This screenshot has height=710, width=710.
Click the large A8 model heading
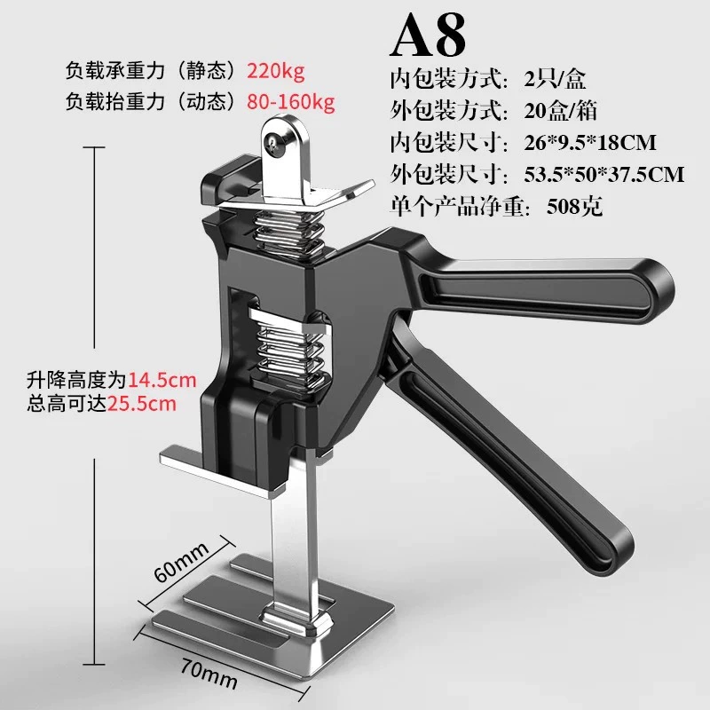coord(428,35)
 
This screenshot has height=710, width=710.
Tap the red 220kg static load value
coord(276,72)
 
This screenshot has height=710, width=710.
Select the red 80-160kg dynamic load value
coord(291,102)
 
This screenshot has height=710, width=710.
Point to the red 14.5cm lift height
coord(162,380)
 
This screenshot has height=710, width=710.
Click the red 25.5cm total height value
coord(141,404)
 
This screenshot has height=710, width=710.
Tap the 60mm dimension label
coord(181,562)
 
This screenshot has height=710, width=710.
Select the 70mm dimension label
coord(209,674)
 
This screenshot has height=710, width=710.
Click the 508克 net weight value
coord(574,207)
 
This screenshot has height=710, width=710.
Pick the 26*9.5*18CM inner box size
coord(590,143)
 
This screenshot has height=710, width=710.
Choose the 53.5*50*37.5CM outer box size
coord(604,175)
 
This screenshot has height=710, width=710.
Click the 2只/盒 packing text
coord(556,79)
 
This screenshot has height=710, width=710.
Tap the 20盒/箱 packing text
coord(561,111)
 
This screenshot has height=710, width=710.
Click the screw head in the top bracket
coord(275,143)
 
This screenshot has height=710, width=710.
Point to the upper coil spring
coord(289,232)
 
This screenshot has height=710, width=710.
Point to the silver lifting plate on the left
coord(217,471)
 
